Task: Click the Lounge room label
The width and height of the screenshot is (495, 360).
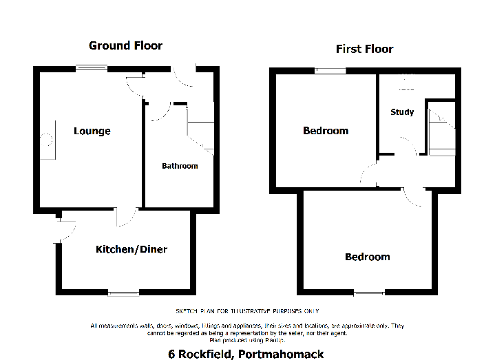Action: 92,131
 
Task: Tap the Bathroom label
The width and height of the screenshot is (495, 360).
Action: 180,166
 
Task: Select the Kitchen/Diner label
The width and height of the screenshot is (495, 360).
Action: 131,249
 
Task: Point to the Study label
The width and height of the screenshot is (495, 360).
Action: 402,112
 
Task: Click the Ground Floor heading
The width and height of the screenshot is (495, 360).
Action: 125,46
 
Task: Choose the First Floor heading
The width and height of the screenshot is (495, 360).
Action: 364,49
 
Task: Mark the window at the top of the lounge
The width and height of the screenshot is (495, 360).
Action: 91,67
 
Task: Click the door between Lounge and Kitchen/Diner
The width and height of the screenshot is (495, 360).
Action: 125,217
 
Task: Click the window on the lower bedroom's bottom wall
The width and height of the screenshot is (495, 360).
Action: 368,293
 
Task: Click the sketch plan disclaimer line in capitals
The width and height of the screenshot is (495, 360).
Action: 247,311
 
